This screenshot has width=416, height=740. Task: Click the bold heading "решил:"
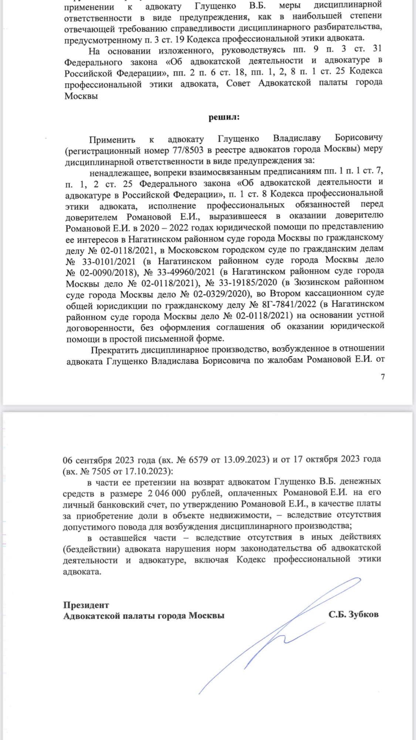(224, 117)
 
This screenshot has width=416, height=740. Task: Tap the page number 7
(383, 377)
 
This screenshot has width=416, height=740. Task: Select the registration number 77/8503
(187, 150)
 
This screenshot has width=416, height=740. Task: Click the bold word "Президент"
(86, 605)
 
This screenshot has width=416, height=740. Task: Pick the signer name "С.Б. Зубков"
(353, 614)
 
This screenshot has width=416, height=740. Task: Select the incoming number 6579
(198, 460)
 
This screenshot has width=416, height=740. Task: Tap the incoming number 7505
(101, 472)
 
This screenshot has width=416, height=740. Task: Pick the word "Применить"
(112, 140)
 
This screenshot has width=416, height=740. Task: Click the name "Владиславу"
(297, 138)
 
